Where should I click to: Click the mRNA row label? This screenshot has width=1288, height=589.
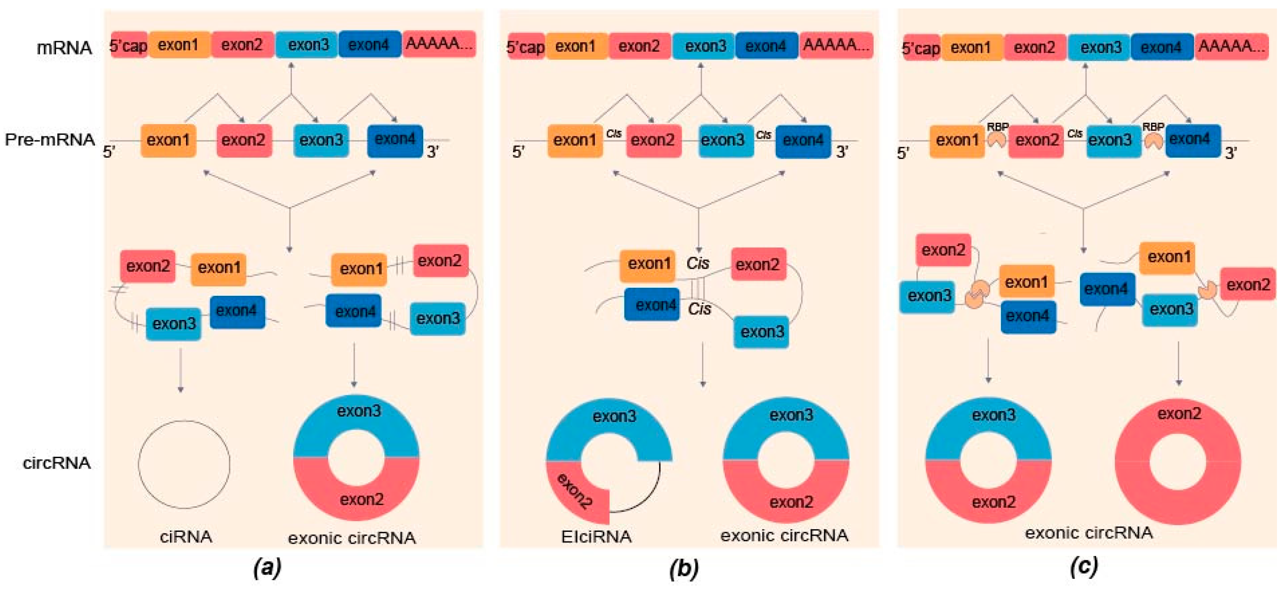pyautogui.click(x=64, y=48)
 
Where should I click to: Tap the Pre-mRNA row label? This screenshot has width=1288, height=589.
pyautogui.click(x=50, y=139)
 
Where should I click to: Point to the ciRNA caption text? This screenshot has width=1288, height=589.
pyautogui.click(x=186, y=537)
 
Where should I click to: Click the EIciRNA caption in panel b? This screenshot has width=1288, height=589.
pyautogui.click(x=596, y=537)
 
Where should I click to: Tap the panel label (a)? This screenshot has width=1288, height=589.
pyautogui.click(x=267, y=567)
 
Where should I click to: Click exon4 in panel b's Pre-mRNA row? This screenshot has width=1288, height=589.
pyautogui.click(x=803, y=141)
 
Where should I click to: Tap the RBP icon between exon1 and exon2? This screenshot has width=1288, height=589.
pyautogui.click(x=997, y=140)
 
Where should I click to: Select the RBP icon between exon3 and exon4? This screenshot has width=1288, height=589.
pyautogui.click(x=1154, y=141)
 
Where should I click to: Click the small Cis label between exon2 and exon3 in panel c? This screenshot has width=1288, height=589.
pyautogui.click(x=1074, y=133)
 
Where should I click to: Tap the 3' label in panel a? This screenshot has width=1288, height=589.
pyautogui.click(x=433, y=152)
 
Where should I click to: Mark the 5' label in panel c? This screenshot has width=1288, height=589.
pyautogui.click(x=903, y=153)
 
